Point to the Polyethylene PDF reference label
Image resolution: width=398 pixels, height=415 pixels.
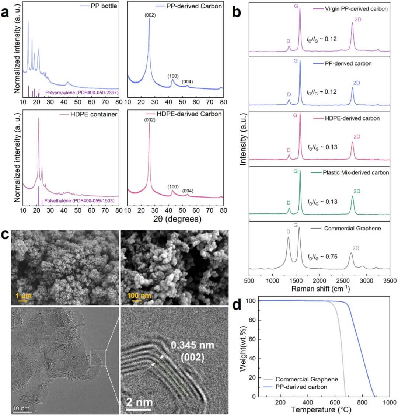[x=79, y=201]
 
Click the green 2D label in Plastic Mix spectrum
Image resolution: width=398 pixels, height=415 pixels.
[x=357, y=191]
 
